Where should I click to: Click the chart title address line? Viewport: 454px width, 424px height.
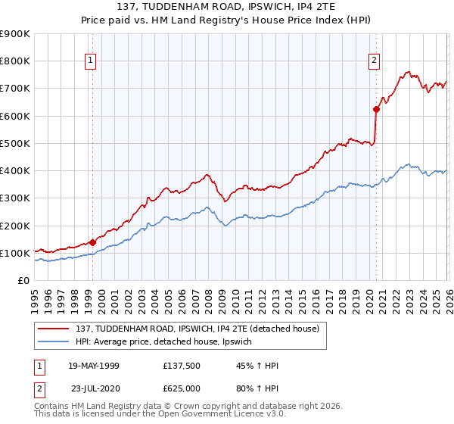[226, 7]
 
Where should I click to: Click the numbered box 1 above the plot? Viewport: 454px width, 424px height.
[90, 61]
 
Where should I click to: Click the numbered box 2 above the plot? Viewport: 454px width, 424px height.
[374, 61]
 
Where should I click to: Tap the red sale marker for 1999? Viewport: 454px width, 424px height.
[92, 243]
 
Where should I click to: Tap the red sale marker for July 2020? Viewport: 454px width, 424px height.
[376, 109]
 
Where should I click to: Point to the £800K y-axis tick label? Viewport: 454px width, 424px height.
[15, 61]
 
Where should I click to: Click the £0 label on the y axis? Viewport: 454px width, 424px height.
[22, 280]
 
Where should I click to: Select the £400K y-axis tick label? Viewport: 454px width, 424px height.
[15, 171]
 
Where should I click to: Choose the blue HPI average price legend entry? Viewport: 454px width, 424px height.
[168, 342]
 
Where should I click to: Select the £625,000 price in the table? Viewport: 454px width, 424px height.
[182, 387]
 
